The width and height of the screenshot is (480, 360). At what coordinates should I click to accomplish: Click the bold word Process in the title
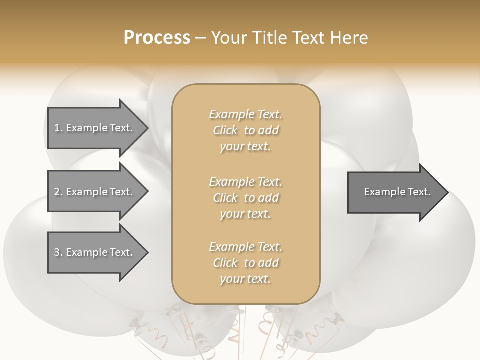157,38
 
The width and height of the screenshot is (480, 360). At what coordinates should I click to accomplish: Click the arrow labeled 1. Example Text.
95,128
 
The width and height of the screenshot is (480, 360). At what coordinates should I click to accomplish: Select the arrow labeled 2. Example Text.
95,192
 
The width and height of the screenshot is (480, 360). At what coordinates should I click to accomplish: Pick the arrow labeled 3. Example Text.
95,252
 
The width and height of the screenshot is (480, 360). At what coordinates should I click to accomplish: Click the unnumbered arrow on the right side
395,192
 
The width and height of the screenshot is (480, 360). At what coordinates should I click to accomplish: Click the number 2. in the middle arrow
58,192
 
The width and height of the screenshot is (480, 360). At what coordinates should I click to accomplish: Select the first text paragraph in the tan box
245,130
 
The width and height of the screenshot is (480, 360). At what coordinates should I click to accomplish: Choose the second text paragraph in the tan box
245,198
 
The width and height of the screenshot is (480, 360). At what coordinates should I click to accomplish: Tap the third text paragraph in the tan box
245,263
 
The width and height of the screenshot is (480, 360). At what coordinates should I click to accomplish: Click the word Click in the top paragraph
225,130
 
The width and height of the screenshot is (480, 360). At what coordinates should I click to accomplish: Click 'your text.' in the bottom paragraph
245,279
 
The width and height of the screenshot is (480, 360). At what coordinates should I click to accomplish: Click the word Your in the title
228,38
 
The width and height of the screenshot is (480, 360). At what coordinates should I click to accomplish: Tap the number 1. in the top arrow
58,128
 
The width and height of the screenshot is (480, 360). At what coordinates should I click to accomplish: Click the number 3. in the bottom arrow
58,252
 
